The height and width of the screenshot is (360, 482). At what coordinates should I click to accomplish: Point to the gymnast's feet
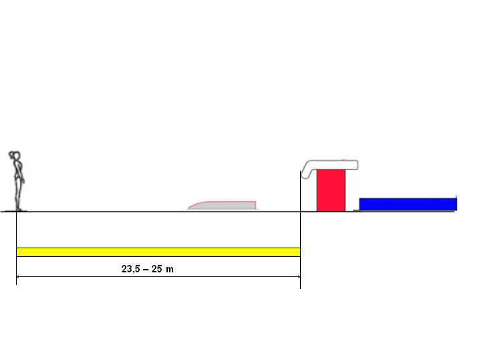pyautogui.click(x=19, y=208)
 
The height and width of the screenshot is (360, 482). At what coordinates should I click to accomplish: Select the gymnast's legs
pyautogui.click(x=19, y=194)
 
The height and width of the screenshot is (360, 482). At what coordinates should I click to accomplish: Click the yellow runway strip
pyautogui.click(x=158, y=252)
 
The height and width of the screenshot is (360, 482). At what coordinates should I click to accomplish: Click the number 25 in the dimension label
pyautogui.click(x=157, y=269)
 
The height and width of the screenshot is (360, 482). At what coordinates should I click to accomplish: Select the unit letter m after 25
pyautogui.click(x=171, y=269)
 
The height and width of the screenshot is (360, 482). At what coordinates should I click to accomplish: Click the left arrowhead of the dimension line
pyautogui.click(x=19, y=276)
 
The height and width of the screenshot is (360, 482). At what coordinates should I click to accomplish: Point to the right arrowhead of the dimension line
pyautogui.click(x=297, y=276)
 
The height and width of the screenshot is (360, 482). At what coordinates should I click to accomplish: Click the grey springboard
pyautogui.click(x=227, y=205)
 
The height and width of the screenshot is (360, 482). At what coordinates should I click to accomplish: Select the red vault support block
pyautogui.click(x=330, y=191)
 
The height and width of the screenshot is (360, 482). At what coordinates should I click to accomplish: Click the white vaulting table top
pyautogui.click(x=334, y=165)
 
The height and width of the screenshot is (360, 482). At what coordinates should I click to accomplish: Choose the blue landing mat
pyautogui.click(x=408, y=204)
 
